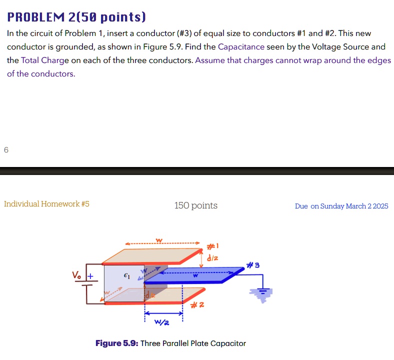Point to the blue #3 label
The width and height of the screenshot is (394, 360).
pyautogui.click(x=253, y=264)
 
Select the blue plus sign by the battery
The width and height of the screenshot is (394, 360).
pyautogui.click(x=91, y=275)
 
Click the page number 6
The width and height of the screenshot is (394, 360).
pyautogui.click(x=6, y=149)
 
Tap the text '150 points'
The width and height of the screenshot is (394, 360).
pyautogui.click(x=195, y=205)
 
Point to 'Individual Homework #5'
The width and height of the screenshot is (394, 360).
pyautogui.click(x=46, y=204)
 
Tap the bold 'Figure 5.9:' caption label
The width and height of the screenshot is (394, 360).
pyautogui.click(x=116, y=343)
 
